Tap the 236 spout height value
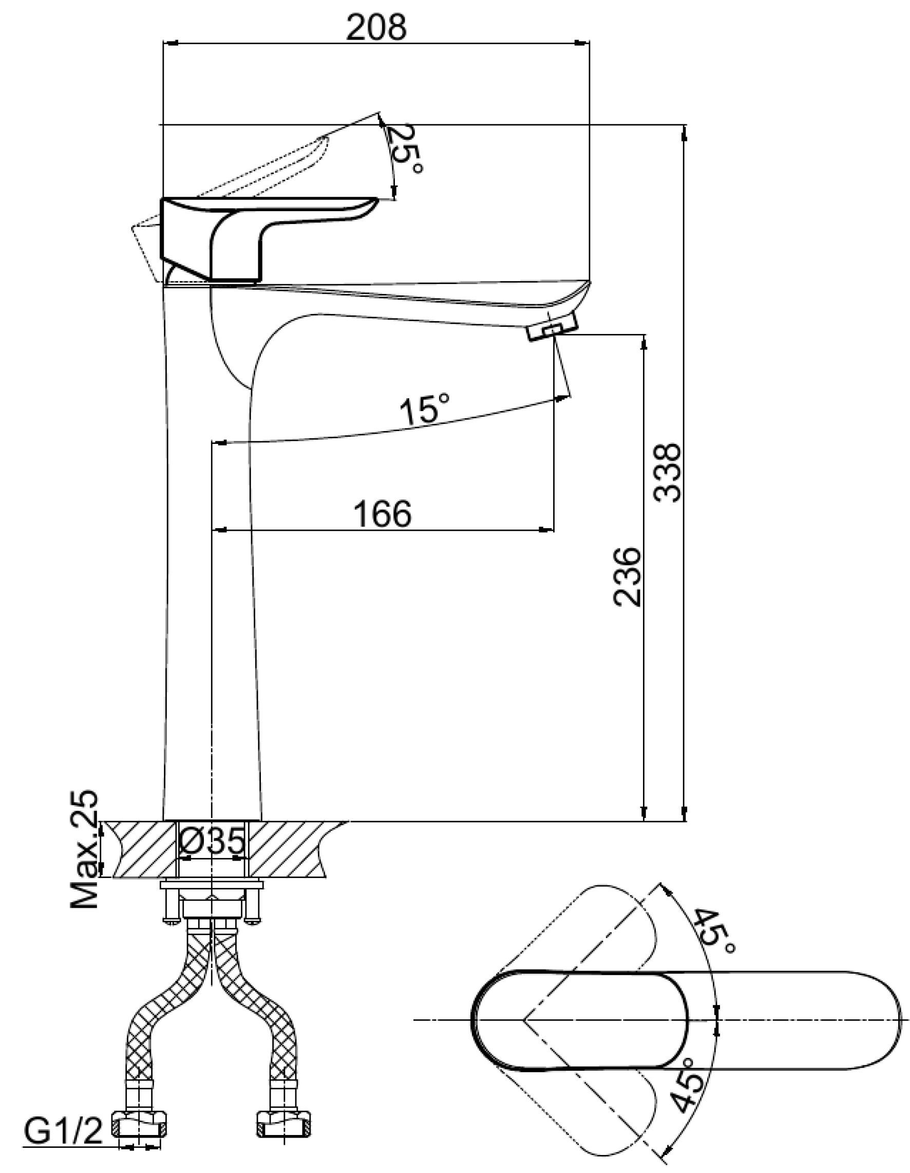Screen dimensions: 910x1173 coord(628,577)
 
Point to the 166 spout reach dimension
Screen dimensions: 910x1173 coord(383,513)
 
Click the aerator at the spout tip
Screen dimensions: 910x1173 coord(554,327)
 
